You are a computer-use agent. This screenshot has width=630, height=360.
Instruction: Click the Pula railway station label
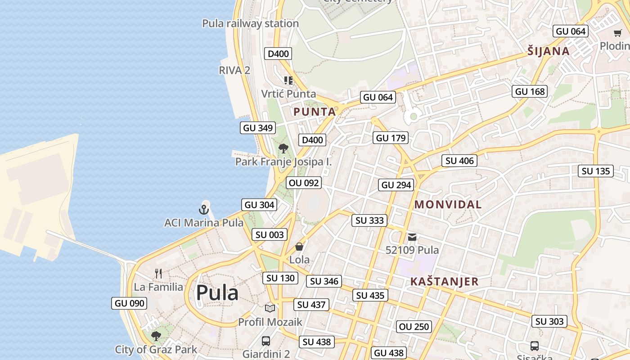click(250, 23)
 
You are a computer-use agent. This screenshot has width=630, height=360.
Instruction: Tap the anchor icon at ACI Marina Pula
click(204, 210)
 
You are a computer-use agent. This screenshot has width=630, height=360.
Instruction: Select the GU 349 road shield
click(258, 128)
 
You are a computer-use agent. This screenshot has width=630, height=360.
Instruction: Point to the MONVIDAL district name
click(448, 204)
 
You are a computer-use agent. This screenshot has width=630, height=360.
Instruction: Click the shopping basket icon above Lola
click(299, 247)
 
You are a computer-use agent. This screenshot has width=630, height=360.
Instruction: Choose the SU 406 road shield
click(459, 161)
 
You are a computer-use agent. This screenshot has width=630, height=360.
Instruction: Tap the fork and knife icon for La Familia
click(158, 274)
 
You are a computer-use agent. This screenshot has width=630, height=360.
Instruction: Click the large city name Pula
click(217, 293)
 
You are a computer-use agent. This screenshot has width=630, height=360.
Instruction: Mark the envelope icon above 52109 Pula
click(412, 237)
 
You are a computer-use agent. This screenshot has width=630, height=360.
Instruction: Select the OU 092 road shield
click(304, 183)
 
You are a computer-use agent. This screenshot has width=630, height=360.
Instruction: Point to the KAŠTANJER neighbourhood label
click(444, 282)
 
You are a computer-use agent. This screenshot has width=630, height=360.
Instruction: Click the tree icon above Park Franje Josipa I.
click(283, 148)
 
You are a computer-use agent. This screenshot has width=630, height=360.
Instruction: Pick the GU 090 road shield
click(130, 303)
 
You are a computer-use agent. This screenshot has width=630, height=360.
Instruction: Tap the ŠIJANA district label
click(549, 51)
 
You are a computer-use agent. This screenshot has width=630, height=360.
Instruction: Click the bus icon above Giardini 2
click(266, 341)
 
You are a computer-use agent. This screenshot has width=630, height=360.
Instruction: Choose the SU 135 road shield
click(596, 171)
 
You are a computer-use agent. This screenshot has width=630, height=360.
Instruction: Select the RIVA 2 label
click(234, 70)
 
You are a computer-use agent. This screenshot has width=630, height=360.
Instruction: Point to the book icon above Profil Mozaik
click(270, 308)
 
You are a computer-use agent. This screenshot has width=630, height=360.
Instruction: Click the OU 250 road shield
click(414, 327)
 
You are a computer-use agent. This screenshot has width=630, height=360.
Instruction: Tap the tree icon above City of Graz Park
click(156, 336)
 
